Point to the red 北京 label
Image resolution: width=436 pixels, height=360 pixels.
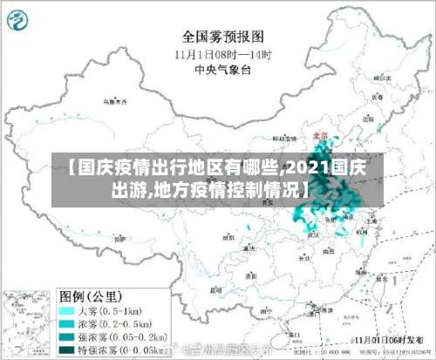(x=320, y=136)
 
